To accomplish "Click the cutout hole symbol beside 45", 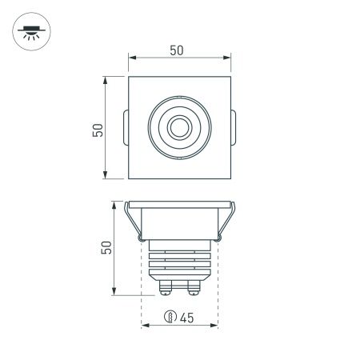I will point(170,318).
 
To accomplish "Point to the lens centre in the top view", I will point(178,127).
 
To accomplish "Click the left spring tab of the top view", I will point(125,127).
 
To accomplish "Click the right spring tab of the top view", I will point(233,127).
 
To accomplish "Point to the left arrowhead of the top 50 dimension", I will point(131,58).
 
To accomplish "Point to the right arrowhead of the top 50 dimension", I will point(229,58).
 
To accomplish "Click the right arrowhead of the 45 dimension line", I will point(216,326).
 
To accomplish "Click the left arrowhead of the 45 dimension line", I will point(144,326).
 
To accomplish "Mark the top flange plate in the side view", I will point(179,203).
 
